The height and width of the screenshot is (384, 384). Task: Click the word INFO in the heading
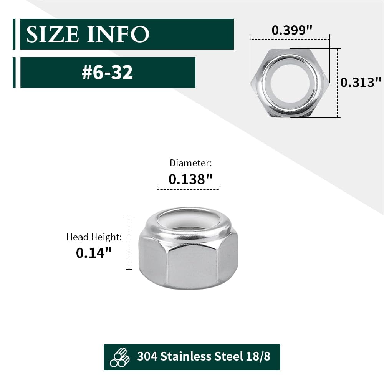pos(118,35)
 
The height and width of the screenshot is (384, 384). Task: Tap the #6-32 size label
pos(108,72)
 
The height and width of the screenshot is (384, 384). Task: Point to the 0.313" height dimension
pos(361,82)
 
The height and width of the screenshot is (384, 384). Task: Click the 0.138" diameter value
pos(190,179)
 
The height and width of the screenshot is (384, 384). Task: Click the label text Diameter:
pos(190,163)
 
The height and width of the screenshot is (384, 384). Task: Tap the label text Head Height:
pos(94,237)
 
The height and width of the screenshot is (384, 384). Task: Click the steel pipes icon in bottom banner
pos(120,357)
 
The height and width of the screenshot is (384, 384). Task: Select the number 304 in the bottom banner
pos(147,356)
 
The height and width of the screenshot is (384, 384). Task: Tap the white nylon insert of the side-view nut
pos(188,221)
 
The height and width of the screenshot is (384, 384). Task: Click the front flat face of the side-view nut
pos(192,265)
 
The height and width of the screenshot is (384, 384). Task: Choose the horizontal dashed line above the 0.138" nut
pos(188,189)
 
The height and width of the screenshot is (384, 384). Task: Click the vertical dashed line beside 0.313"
pos(337,83)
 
